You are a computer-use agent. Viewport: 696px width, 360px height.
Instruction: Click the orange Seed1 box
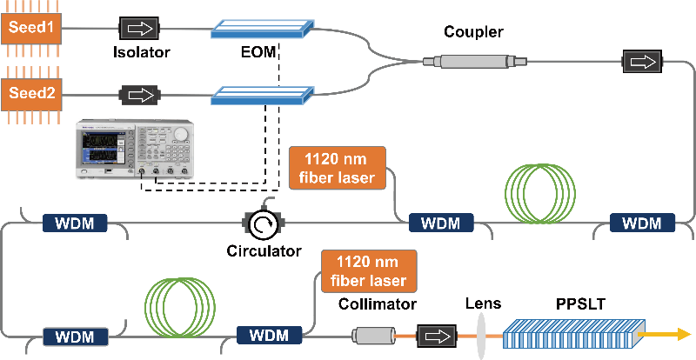(31, 28)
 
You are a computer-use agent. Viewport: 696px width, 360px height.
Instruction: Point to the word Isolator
(141, 51)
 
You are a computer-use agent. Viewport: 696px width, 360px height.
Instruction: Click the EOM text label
(258, 51)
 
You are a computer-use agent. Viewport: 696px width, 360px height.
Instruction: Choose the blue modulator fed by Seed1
(261, 30)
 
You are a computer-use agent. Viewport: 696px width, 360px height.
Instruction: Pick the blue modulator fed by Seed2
(261, 93)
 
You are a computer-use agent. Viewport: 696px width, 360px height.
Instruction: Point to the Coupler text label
(472, 32)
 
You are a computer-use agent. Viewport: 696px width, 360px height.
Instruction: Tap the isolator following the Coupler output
(641, 62)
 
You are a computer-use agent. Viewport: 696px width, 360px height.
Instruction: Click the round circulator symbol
(261, 225)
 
